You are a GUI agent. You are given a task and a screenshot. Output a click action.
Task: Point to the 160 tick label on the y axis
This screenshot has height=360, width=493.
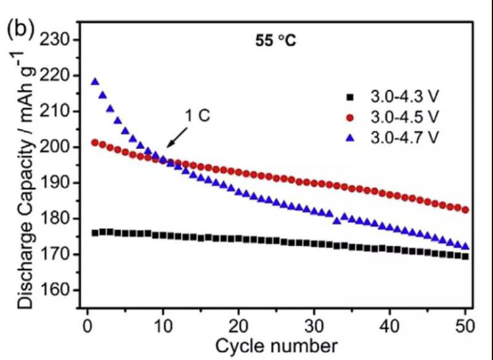pyautogui.click(x=59, y=290)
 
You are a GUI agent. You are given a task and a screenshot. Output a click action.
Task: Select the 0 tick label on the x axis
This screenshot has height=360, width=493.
pyautogui.click(x=87, y=325)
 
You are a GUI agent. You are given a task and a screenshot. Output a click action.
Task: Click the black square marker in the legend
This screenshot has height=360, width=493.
pyautogui.click(x=350, y=97)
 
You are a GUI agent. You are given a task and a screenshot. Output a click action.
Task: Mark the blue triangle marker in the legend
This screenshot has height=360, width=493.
pyautogui.click(x=350, y=137)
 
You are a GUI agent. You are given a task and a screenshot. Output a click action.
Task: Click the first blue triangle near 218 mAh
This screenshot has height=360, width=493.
pyautogui.click(x=95, y=81)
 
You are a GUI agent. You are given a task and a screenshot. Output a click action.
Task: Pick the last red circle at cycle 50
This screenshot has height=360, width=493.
pyautogui.click(x=465, y=210)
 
